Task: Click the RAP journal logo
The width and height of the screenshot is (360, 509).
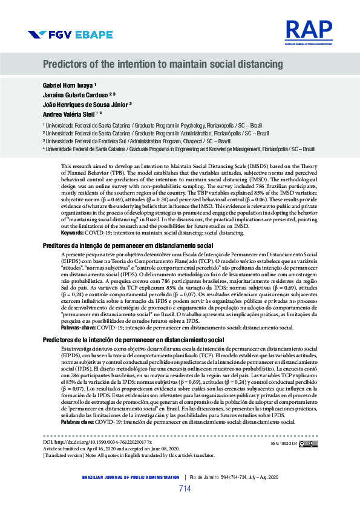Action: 309,31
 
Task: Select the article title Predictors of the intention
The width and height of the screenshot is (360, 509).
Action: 163,64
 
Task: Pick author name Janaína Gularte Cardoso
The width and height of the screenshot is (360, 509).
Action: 75,94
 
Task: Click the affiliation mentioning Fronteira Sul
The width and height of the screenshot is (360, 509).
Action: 139,140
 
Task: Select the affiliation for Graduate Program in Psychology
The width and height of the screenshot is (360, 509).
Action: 157,123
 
